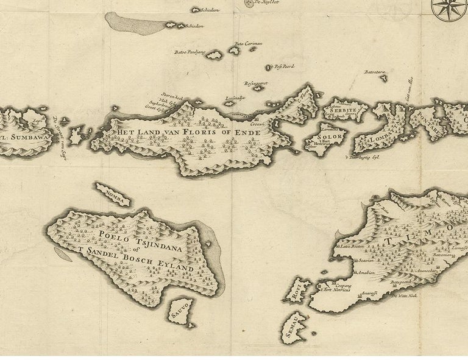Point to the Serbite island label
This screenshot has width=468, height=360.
coord(343,108)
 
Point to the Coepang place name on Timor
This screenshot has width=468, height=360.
coord(342,284)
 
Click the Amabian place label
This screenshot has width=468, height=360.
coord(366,272)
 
